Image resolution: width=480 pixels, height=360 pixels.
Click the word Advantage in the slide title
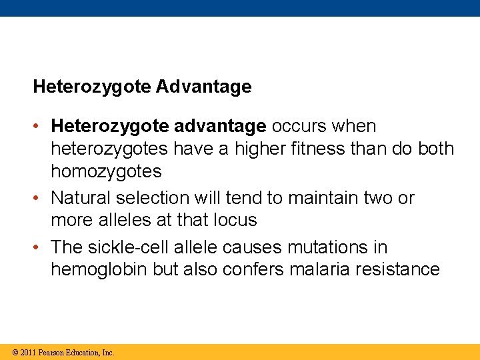pos(206,87)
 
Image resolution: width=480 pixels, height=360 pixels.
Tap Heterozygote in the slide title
pos(93,87)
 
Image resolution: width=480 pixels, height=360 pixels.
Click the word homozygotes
pos(106,171)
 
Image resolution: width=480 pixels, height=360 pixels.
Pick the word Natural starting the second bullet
pos(81,198)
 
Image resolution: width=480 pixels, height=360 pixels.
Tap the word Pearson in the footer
pos(51,353)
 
